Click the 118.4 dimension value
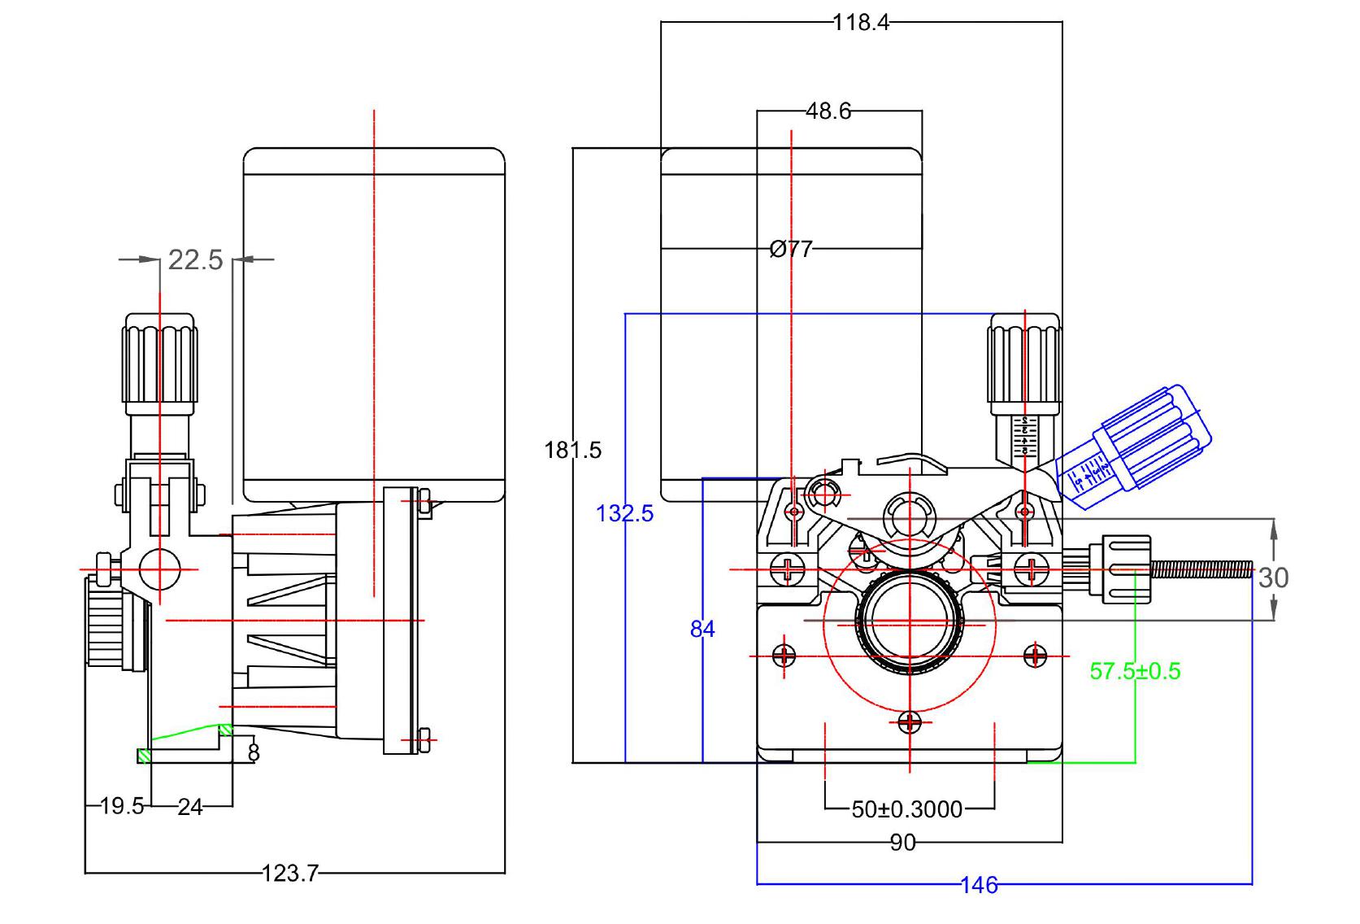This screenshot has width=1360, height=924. pyautogui.click(x=861, y=22)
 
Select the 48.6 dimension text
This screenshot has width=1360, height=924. pyautogui.click(x=828, y=111)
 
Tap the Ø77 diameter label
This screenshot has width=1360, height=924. pyautogui.click(x=791, y=249)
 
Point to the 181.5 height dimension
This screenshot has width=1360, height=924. pyautogui.click(x=573, y=450)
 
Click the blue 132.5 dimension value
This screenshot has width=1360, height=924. pyautogui.click(x=624, y=513)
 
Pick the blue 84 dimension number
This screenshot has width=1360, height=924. pyautogui.click(x=702, y=629)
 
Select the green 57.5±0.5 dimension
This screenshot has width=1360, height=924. pyautogui.click(x=1135, y=671)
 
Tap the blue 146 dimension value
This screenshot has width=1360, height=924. pyautogui.click(x=979, y=885)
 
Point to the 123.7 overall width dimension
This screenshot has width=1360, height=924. pyautogui.click(x=290, y=874)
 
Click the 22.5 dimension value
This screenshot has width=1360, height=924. pyautogui.click(x=195, y=259)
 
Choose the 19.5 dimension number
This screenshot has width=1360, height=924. pyautogui.click(x=122, y=806)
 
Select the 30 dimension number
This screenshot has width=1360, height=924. pyautogui.click(x=1273, y=577)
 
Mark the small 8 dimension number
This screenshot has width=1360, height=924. pyautogui.click(x=253, y=753)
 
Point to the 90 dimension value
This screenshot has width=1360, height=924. pyautogui.click(x=903, y=843)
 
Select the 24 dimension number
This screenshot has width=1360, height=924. pyautogui.click(x=190, y=806)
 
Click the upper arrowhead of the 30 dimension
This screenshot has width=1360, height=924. pyautogui.click(x=1274, y=527)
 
